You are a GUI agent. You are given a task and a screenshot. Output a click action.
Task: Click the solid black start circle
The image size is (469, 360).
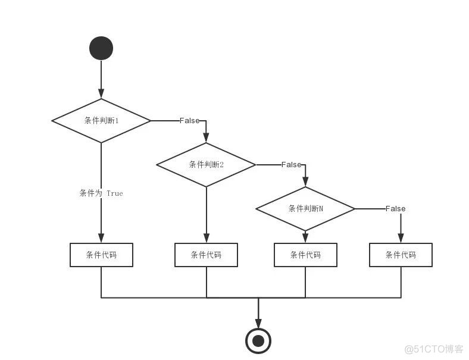click(101, 48)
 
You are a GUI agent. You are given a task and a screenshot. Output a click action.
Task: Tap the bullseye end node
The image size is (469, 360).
click(258, 341)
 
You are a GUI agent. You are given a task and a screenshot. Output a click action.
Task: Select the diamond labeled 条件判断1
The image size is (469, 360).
click(101, 121)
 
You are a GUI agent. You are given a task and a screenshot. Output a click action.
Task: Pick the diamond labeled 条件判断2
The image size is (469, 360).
click(206, 165)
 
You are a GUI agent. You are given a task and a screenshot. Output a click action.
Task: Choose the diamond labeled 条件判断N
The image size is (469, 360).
click(305, 209)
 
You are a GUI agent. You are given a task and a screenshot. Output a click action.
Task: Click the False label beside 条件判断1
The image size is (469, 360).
click(189, 121)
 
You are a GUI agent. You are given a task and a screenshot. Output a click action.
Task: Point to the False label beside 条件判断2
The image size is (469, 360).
click(291, 164)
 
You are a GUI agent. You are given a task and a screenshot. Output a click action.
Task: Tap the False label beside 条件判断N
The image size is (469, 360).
click(395, 208)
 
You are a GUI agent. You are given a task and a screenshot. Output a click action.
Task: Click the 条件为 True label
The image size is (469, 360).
click(101, 193)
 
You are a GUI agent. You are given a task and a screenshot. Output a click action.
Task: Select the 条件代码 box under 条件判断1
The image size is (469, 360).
click(101, 255)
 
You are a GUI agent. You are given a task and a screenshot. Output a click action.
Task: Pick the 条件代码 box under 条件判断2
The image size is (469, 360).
click(206, 255)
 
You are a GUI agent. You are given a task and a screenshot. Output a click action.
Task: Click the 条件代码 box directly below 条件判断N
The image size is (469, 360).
click(305, 255)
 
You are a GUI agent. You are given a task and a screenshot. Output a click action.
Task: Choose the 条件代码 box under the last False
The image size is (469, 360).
click(401, 255)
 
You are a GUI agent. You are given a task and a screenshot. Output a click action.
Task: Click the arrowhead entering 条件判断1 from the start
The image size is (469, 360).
click(101, 93)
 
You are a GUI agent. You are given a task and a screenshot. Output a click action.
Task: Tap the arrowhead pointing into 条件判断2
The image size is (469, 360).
click(206, 137)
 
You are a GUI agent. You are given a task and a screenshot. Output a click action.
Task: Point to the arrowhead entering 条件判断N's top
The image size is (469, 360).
click(305, 181)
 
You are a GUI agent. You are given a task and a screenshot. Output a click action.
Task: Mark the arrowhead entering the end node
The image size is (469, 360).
click(258, 323)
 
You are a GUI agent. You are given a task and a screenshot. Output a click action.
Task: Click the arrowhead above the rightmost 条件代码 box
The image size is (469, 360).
click(401, 238)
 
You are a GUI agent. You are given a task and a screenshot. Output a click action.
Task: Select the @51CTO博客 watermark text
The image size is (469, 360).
click(434, 349)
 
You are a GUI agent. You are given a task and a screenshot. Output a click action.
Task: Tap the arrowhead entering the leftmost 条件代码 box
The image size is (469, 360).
click(101, 238)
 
